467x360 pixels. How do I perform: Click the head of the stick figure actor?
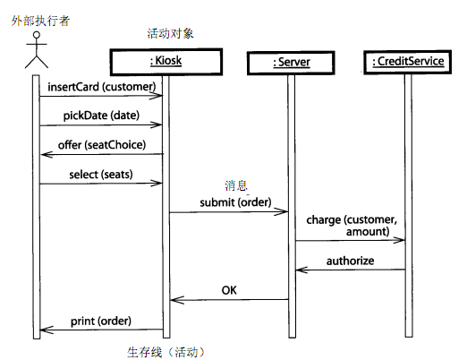37,35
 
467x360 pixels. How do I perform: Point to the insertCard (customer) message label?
102,87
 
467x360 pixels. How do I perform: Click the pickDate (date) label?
101,116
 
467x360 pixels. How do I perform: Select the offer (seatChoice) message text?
102,145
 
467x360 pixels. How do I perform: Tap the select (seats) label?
101,175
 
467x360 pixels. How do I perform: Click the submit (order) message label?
235,202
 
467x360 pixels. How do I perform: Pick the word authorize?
350,261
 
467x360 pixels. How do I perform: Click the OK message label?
229,290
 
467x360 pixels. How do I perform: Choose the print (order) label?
101,321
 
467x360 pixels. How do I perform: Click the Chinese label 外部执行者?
40,21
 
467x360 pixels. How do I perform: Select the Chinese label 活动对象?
170,33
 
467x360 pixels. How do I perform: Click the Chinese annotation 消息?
236,185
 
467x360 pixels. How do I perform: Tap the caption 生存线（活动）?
166,352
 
